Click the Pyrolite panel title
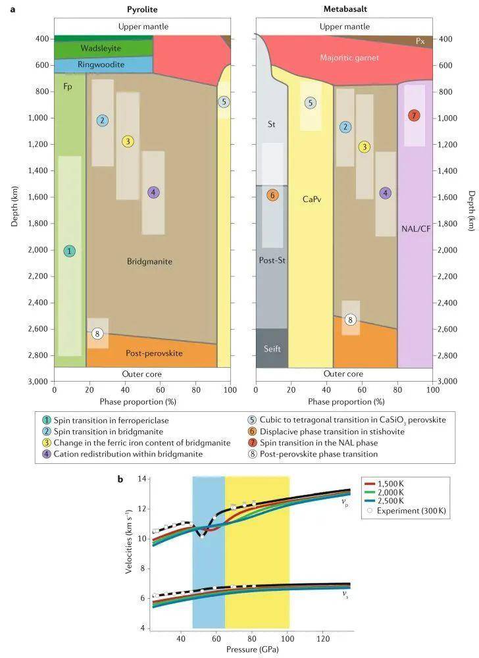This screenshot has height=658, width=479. click(143, 9)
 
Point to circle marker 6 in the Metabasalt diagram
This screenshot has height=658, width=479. click(272, 195)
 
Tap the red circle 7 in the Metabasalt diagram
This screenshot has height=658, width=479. click(413, 116)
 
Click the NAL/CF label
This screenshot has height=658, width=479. click(416, 229)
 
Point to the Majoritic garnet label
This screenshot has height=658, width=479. click(349, 58)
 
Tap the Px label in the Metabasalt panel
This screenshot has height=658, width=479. click(421, 41)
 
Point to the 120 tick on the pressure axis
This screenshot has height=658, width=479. click(323, 638)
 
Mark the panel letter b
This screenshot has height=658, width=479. click(120, 479)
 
